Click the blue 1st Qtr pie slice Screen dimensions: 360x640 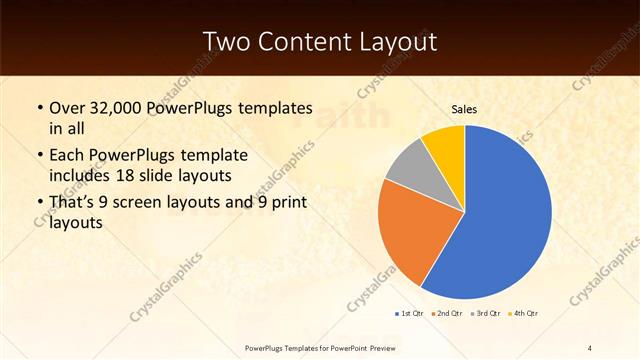[x=500, y=220]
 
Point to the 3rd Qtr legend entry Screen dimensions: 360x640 [x=485, y=314]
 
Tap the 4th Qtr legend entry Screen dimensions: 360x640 [x=524, y=314]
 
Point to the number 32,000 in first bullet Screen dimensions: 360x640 [x=120, y=107]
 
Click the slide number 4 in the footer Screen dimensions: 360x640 [x=590, y=347]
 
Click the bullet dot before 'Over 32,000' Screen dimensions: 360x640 [x=39, y=107]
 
